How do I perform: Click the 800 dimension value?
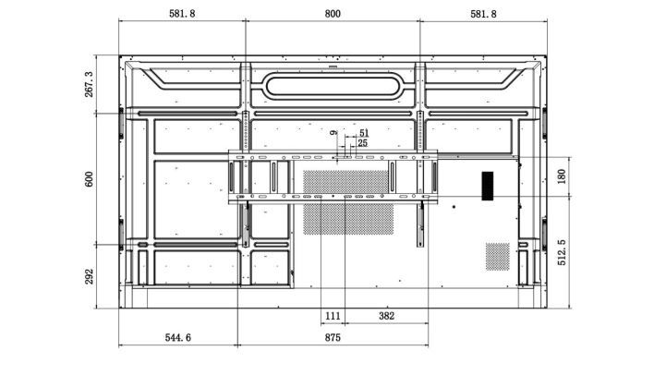point(333,14)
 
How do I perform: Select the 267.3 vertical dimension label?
point(90,84)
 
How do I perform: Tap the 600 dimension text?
point(90,178)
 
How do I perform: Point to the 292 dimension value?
point(90,276)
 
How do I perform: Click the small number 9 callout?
point(333,133)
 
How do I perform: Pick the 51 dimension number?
point(364,133)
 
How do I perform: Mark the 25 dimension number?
point(362,143)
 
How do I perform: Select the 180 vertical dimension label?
point(563,175)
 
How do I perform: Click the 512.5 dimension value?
point(563,253)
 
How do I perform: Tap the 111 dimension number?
point(333,315)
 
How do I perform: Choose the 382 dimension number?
point(386,315)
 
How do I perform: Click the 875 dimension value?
point(333,338)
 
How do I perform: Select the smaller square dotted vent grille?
point(497,255)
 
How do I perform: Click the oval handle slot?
point(333,85)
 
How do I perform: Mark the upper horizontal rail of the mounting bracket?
point(333,154)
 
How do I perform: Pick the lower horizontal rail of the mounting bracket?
point(333,197)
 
